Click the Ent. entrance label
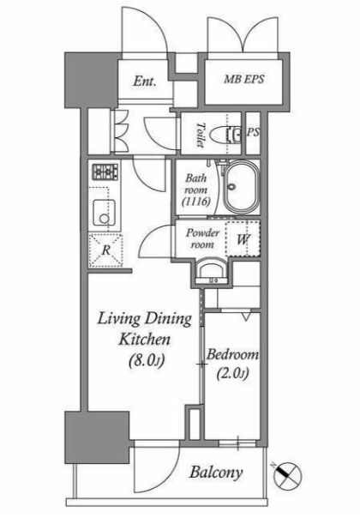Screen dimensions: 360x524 click(x=145, y=81)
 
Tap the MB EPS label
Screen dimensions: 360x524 click(x=244, y=79)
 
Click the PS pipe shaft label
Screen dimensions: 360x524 click(x=253, y=132)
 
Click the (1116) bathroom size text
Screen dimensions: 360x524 click(x=196, y=202)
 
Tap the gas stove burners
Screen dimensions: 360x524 click(x=105, y=172)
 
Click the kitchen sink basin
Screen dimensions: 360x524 click(x=105, y=213)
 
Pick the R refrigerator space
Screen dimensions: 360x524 click(x=105, y=250)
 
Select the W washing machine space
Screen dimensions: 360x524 click(x=243, y=239)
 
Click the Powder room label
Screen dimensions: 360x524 click(x=202, y=238)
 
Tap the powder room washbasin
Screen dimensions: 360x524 click(x=211, y=272)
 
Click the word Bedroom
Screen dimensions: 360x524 click(x=232, y=354)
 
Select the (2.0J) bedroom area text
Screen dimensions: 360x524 click(x=232, y=373)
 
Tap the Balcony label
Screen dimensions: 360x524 click(x=216, y=473)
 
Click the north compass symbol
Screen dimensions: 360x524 click(x=287, y=475)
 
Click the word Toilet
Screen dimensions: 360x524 click(x=200, y=135)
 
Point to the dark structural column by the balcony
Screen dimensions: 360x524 click(x=97, y=437)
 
